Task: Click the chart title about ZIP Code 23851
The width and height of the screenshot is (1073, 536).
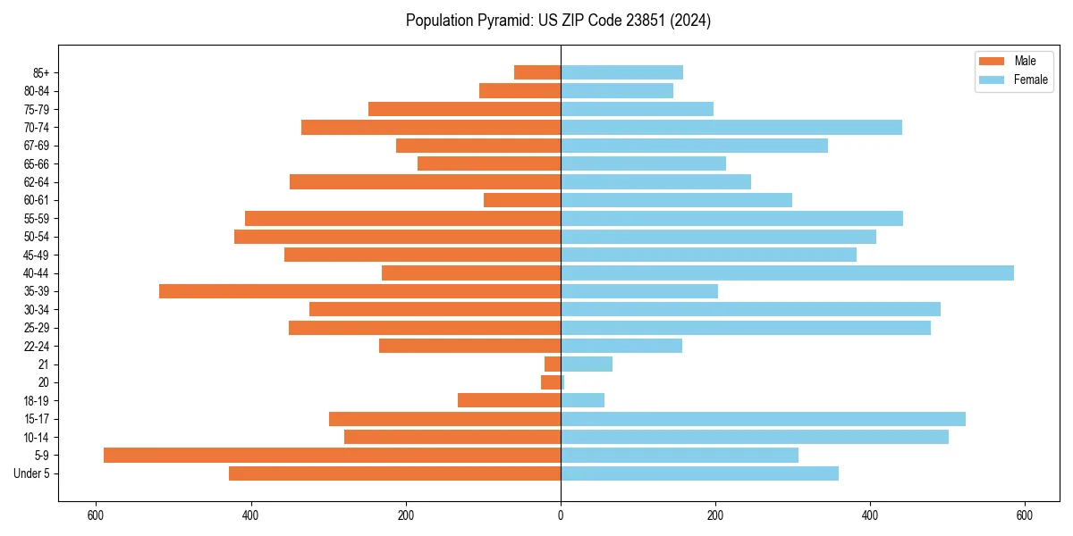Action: coord(558,21)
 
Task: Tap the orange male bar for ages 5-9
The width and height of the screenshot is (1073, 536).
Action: coord(332,456)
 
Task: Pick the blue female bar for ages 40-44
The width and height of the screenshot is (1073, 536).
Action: coord(787,273)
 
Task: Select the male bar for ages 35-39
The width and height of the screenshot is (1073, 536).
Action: coord(359,291)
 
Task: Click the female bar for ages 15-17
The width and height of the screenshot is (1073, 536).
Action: coord(763,419)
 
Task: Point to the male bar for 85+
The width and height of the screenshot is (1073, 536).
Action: coord(537,72)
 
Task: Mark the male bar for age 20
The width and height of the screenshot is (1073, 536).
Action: coord(551,382)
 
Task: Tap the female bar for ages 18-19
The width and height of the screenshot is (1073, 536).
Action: coord(582,401)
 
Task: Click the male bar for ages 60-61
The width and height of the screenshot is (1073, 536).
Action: coord(522,200)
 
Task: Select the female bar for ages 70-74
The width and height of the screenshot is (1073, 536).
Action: coord(731,128)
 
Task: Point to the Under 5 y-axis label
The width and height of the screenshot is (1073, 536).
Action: coord(31,473)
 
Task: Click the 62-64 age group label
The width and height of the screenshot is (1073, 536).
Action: coord(36,182)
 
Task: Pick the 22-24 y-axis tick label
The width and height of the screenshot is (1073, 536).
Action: coord(36,347)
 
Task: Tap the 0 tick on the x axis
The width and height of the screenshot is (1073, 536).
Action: coord(561,515)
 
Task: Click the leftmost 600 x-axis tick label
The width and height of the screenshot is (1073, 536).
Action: coord(96,515)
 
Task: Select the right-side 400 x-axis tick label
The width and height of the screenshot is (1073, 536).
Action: coord(870,515)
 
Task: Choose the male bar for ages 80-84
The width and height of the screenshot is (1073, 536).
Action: coord(520,91)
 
